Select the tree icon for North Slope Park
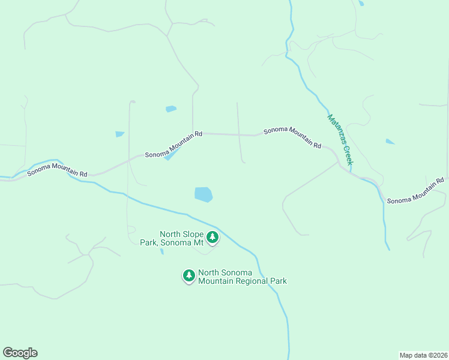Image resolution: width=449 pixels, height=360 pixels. pyautogui.click(x=212, y=238)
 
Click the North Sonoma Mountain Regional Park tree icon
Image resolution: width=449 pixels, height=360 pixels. pyautogui.click(x=189, y=276)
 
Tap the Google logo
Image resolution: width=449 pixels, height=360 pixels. pyautogui.click(x=20, y=353)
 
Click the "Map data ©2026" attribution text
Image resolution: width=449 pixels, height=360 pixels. pyautogui.click(x=424, y=355)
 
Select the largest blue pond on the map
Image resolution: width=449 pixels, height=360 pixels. pyautogui.click(x=203, y=194)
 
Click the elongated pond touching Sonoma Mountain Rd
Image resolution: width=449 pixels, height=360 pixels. pyautogui.click(x=172, y=154)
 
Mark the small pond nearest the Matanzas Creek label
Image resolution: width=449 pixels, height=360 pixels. pyautogui.click(x=390, y=142)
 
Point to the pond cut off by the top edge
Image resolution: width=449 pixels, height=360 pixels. pyautogui.click(x=360, y=3)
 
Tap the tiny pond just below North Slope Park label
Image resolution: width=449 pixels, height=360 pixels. pyautogui.click(x=162, y=251)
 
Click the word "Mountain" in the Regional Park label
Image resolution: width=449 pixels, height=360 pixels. pyautogui.click(x=216, y=281)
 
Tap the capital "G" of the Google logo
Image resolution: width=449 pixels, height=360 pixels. pyautogui.click(x=8, y=352)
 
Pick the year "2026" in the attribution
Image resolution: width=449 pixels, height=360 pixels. pyautogui.click(x=439, y=355)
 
